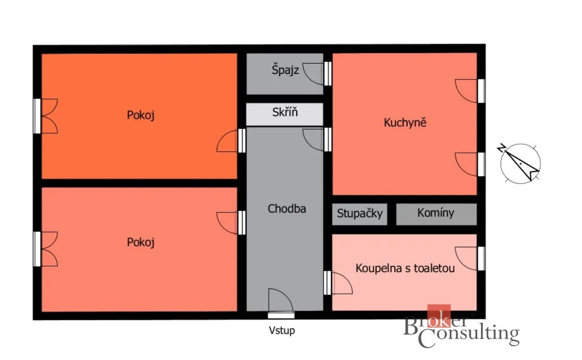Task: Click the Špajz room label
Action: click(x=285, y=70)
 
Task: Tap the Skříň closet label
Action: click(x=285, y=112)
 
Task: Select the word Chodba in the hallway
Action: click(x=287, y=209)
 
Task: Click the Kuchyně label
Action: click(x=405, y=123)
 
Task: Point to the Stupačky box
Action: click(x=359, y=214)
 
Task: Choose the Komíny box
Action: click(x=436, y=214)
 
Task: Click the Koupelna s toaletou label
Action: click(x=405, y=268)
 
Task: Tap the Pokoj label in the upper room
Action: click(x=141, y=115)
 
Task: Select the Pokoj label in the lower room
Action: click(x=141, y=242)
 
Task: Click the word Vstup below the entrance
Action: click(x=282, y=330)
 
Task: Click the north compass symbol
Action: click(x=519, y=163)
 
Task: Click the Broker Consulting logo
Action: click(x=461, y=327)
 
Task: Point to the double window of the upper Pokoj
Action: click(x=45, y=116)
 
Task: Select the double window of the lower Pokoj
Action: click(x=45, y=249)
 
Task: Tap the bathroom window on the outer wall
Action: click(x=481, y=259)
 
